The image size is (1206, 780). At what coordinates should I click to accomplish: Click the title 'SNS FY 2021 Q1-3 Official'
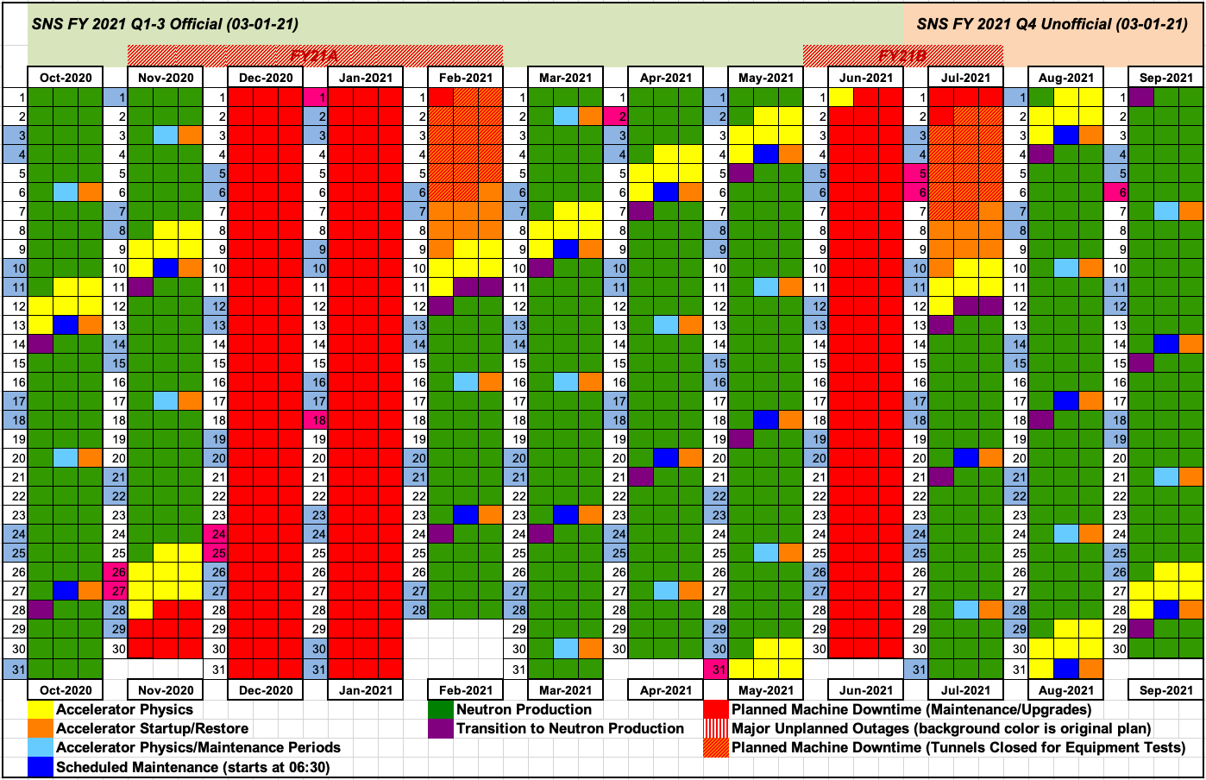pyautogui.click(x=165, y=24)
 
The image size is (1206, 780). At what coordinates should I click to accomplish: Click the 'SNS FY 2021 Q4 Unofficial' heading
pyautogui.click(x=1052, y=24)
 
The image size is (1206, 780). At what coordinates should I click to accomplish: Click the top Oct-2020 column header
pyautogui.click(x=66, y=78)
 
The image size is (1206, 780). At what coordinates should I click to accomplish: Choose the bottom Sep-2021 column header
pyautogui.click(x=1166, y=690)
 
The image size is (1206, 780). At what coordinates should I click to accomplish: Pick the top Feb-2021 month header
pyautogui.click(x=466, y=78)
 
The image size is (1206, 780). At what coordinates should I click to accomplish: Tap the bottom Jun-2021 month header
pyautogui.click(x=866, y=690)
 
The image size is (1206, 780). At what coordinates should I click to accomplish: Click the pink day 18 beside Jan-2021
pyautogui.click(x=316, y=420)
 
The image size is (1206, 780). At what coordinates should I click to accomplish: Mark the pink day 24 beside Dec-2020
pyautogui.click(x=216, y=534)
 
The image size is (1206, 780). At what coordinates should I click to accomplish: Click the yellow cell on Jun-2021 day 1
pyautogui.click(x=841, y=97)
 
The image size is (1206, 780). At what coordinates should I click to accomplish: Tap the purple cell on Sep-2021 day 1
pyautogui.click(x=1141, y=97)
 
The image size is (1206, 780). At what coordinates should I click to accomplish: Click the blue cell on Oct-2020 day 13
pyautogui.click(x=66, y=325)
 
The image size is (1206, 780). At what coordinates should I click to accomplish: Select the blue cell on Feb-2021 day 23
pyautogui.click(x=466, y=515)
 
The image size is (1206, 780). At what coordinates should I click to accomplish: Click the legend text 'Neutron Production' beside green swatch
pyautogui.click(x=524, y=710)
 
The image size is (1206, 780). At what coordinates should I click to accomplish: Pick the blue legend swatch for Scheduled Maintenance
pyautogui.click(x=40, y=767)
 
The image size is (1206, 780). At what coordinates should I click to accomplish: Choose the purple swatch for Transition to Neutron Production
pyautogui.click(x=440, y=729)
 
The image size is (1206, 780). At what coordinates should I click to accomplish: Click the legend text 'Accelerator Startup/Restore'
pyautogui.click(x=152, y=729)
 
